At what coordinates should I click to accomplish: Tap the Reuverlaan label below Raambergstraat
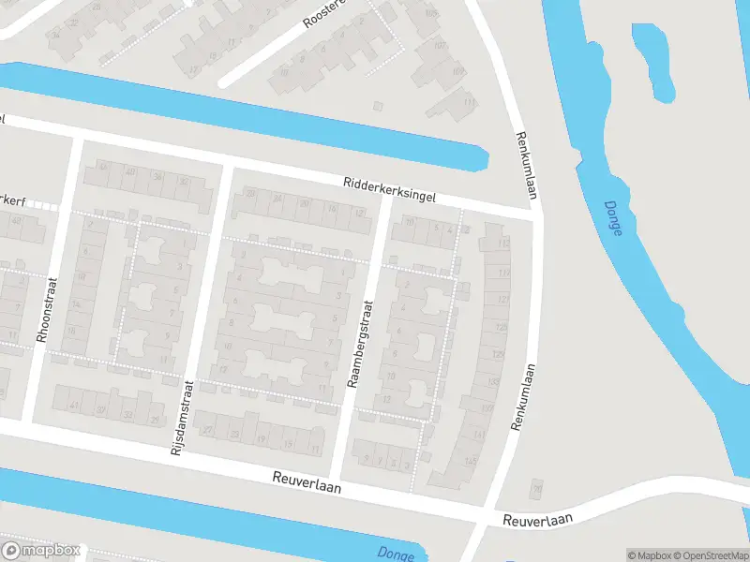(x=307, y=482)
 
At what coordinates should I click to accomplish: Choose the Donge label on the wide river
(x=612, y=218)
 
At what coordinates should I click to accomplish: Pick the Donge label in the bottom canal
(x=396, y=555)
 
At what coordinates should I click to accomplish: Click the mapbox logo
(x=42, y=551)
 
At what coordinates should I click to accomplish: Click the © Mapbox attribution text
(x=649, y=555)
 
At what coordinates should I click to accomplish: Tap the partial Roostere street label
(x=324, y=13)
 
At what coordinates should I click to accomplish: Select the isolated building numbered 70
(x=536, y=488)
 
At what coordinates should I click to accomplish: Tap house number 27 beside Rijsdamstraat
(x=208, y=430)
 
